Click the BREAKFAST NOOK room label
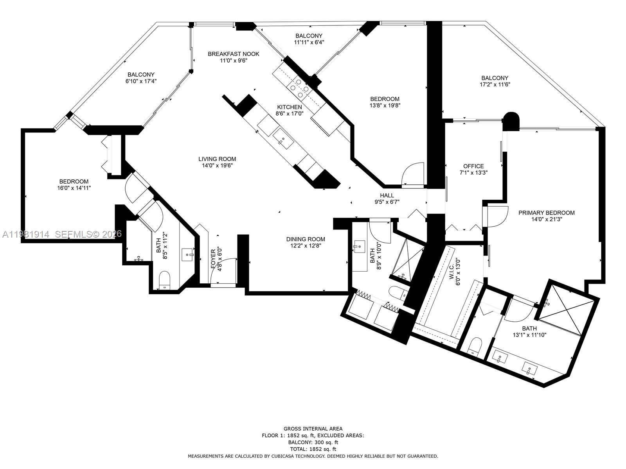(233, 54)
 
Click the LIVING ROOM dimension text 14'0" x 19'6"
(217, 166)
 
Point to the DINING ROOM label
(306, 239)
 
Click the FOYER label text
(213, 260)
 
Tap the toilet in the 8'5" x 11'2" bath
(165, 279)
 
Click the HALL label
(387, 195)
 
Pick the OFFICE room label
(473, 166)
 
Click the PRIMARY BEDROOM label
(546, 213)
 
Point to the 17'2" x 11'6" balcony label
(495, 78)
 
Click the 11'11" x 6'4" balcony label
(309, 36)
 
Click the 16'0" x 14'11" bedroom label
(74, 181)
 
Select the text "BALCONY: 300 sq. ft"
(313, 442)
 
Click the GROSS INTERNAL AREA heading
(313, 428)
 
